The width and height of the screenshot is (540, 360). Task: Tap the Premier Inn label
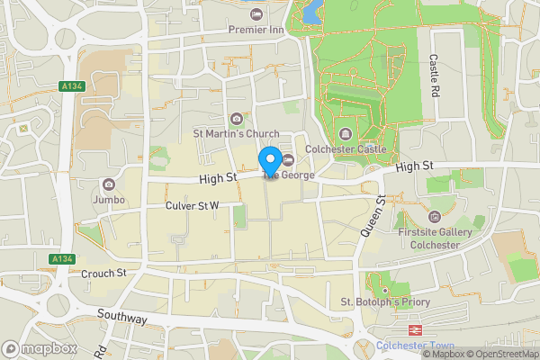coord(256,29)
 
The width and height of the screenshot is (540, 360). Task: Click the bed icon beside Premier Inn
coord(256,14)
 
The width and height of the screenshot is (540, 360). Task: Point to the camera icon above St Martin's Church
coord(236,119)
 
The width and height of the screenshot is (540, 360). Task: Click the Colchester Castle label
coord(346,148)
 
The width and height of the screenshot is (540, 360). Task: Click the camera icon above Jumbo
coord(109,184)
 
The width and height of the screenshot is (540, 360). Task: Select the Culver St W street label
coord(193,206)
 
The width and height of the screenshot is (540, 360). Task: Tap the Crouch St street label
coord(103,273)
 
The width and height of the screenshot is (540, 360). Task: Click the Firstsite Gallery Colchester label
coord(436,238)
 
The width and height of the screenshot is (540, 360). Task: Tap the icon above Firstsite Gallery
coord(436,216)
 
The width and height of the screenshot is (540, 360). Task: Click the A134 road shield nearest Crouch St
coord(62,259)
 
